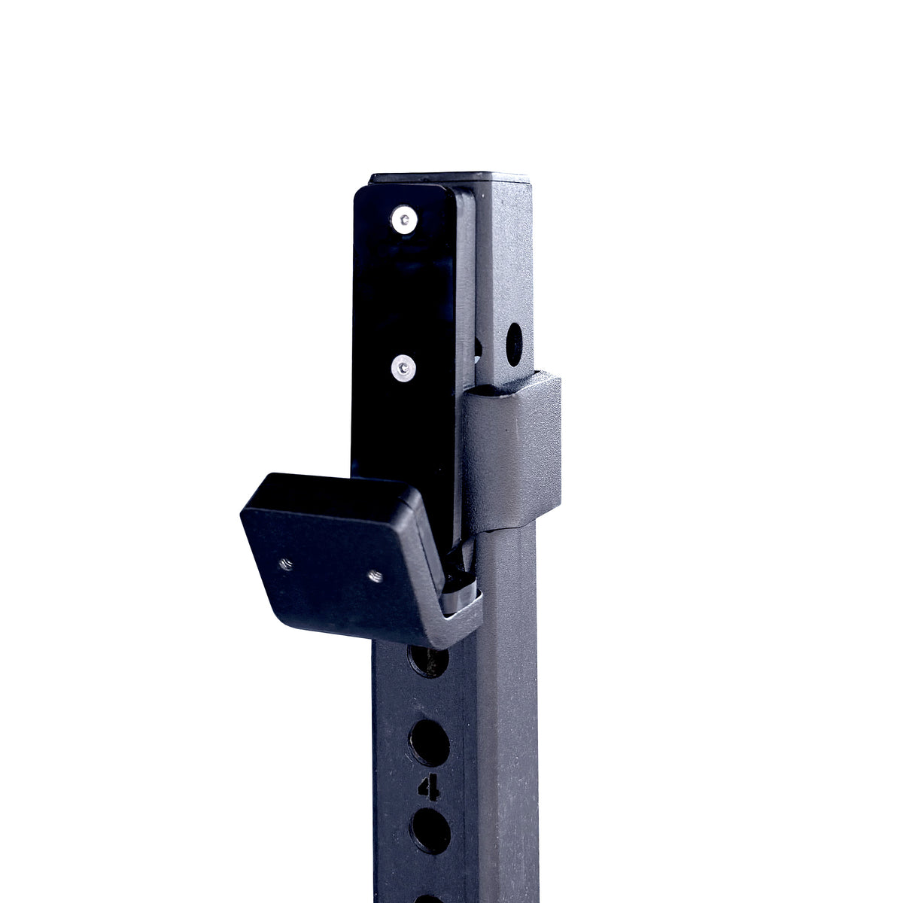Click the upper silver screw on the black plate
point(405,220)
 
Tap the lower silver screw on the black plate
point(405,368)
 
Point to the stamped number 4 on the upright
point(430,787)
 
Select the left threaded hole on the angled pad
point(287,563)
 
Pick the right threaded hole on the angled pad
point(374,576)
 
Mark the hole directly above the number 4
point(429,742)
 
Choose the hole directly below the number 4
point(430,831)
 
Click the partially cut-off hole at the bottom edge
point(429,897)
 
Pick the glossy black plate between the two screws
point(405,293)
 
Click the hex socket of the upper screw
point(405,220)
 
